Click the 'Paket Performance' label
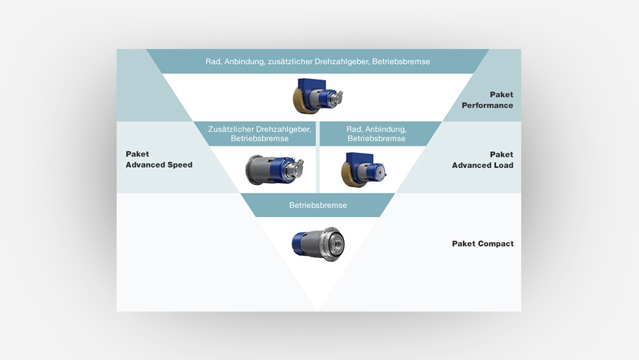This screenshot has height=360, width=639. (x=487, y=100)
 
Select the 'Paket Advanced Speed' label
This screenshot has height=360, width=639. (x=159, y=159)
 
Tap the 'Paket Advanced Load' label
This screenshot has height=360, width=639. (x=483, y=160)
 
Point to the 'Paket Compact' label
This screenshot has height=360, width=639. (x=483, y=243)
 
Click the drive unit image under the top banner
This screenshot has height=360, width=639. (x=317, y=96)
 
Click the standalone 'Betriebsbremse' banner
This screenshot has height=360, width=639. (x=318, y=205)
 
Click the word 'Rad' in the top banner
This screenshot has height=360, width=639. (x=213, y=61)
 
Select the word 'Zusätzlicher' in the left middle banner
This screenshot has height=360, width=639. (x=231, y=128)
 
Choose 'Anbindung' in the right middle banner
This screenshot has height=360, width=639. (x=385, y=128)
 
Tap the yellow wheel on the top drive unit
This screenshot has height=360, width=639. (x=302, y=100)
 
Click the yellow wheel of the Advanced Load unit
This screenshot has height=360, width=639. (x=350, y=173)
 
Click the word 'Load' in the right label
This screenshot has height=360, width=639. (x=503, y=165)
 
